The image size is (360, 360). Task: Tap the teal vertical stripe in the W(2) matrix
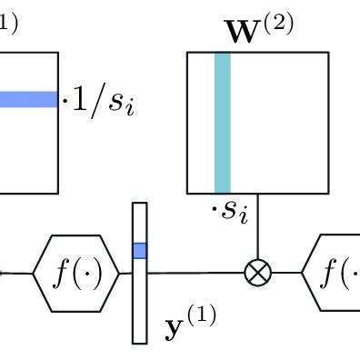[222, 122]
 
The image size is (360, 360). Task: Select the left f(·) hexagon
[75, 272]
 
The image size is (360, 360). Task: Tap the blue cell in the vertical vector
[139, 250]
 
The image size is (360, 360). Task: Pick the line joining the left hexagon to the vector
[126, 271]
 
